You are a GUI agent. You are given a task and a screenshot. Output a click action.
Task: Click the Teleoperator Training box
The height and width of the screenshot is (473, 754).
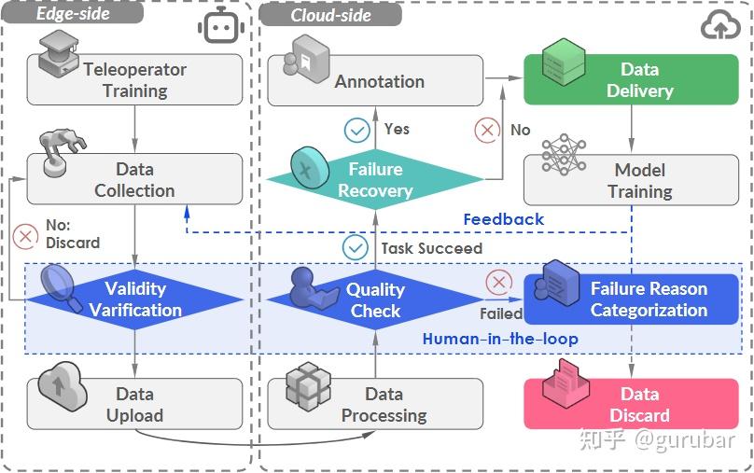click(x=134, y=80)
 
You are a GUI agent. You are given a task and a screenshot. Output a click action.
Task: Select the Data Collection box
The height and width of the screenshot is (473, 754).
click(x=134, y=180)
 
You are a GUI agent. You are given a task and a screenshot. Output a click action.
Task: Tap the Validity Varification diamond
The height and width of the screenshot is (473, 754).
click(x=135, y=299)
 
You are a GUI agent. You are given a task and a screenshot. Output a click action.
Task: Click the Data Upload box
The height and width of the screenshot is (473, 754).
click(x=134, y=404)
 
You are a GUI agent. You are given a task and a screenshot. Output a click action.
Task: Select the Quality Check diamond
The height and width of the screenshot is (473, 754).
click(x=374, y=299)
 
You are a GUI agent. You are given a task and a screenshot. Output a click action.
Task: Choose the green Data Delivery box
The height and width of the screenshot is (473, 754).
click(x=638, y=80)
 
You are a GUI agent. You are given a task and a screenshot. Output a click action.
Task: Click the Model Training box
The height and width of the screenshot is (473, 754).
click(x=638, y=180)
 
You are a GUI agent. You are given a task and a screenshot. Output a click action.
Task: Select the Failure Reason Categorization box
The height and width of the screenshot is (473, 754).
click(x=638, y=299)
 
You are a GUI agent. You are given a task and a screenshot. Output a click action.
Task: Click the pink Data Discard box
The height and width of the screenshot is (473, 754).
click(x=638, y=404)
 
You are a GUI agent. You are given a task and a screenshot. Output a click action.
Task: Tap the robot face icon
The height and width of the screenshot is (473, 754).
click(x=220, y=27)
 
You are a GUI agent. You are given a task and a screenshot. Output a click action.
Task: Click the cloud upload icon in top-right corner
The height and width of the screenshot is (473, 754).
click(x=720, y=26)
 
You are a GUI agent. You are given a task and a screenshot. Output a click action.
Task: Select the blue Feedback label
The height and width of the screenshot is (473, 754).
click(x=503, y=219)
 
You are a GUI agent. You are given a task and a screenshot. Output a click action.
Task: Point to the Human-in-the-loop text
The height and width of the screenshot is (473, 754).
click(x=499, y=339)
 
